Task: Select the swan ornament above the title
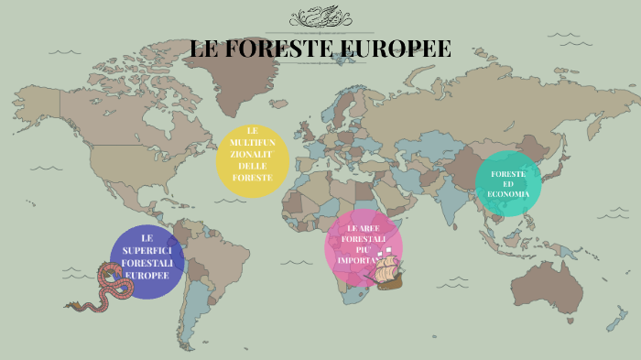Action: point(320,17)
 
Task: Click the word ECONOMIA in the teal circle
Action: point(508,194)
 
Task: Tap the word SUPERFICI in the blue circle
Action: point(147,250)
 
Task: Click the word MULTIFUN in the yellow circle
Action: point(253,143)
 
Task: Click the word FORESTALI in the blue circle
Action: point(147,263)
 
